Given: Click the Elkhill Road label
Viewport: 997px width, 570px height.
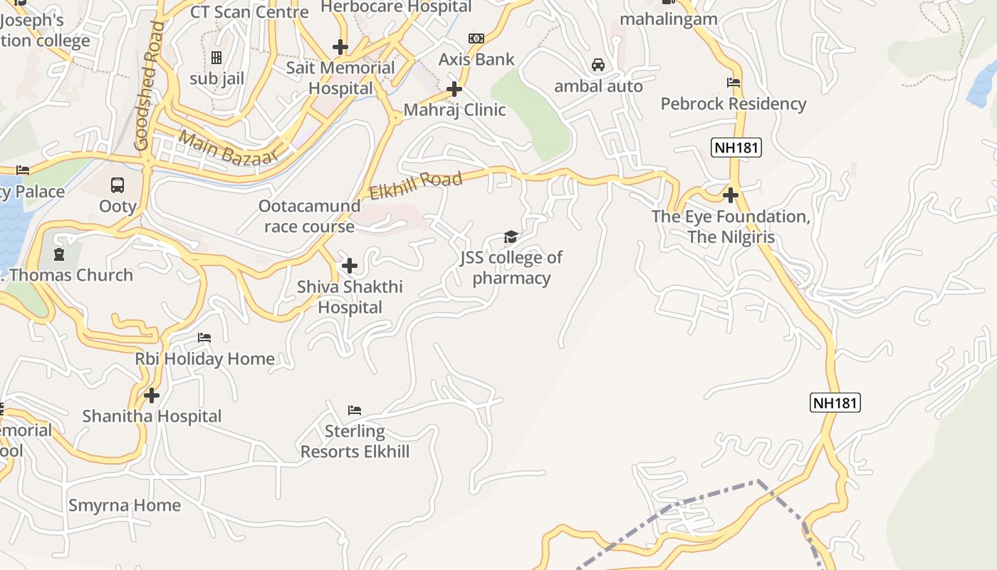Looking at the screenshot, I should (416, 184).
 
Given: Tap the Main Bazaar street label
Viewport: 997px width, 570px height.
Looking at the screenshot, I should (227, 147).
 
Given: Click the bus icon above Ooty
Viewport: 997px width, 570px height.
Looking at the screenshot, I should (118, 185).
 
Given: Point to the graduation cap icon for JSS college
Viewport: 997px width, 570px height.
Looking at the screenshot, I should (511, 237).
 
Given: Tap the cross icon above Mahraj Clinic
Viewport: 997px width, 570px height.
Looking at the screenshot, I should (454, 89).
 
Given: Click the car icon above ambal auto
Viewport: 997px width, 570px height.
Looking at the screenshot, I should (598, 65).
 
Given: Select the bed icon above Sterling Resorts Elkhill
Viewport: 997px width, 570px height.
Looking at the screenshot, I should (355, 410).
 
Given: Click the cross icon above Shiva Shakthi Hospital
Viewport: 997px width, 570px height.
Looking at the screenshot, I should (350, 266).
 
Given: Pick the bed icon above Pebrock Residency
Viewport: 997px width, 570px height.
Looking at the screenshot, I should (734, 83).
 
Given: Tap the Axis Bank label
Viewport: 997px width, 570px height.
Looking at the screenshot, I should (476, 59).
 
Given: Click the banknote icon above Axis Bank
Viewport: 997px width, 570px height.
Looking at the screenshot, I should (476, 38).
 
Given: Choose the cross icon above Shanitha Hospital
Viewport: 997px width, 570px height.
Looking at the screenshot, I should (152, 395).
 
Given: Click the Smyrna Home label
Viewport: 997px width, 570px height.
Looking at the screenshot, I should (125, 505).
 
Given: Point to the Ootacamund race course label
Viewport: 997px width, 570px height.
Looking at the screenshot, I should (309, 216).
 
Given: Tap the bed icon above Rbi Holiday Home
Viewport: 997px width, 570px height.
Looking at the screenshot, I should (204, 337).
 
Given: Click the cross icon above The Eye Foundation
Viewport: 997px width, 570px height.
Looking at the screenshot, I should (731, 195).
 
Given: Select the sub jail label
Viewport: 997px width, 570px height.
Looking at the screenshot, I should (216, 78).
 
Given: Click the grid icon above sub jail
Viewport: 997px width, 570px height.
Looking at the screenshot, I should (216, 58).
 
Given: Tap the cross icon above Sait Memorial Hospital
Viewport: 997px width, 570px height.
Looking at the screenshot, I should (340, 47).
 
